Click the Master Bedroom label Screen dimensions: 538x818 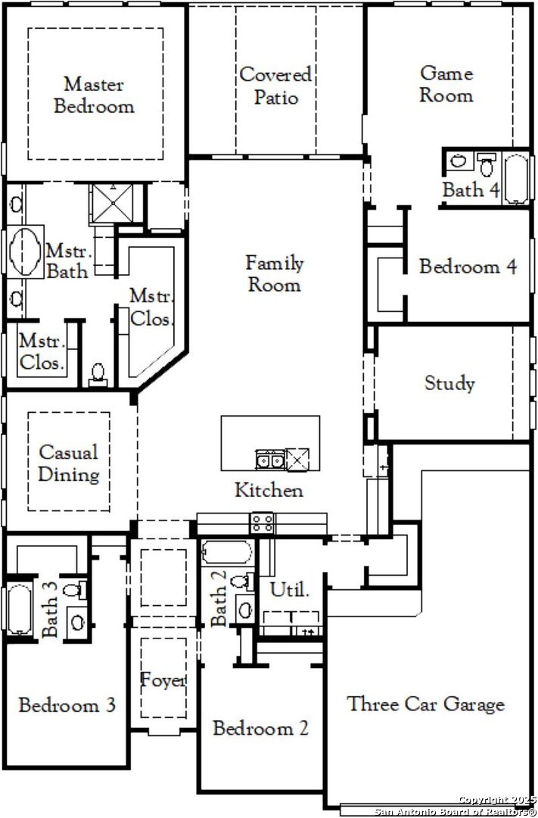coord(94,95)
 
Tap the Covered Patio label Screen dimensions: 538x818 coord(275,86)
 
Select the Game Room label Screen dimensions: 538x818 coord(446,84)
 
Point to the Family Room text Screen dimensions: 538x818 coord(274,273)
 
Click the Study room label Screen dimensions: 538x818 coord(449,383)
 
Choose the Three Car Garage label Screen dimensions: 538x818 coord(426,704)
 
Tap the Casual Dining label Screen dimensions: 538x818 coord(69,464)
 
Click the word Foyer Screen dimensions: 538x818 coord(163,680)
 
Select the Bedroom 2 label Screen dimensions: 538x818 coord(260,728)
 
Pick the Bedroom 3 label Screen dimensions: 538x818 coord(67,705)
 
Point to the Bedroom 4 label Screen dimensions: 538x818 coord(468,267)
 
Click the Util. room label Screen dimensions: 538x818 coord(289,590)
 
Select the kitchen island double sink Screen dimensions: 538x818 coord(269,460)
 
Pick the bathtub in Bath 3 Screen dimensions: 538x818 coord(19,609)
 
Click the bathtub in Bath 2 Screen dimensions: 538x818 coord(227,552)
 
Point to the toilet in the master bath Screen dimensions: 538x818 coord(98,374)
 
